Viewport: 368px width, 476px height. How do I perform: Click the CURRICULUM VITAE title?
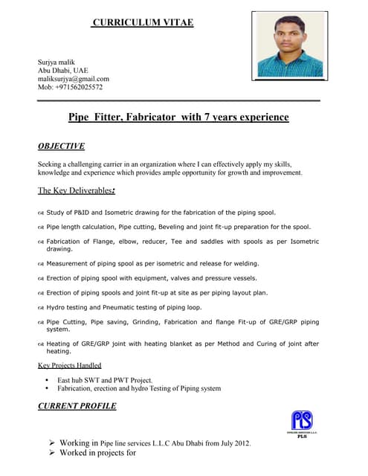click(143, 22)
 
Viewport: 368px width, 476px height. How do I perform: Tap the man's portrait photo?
click(291, 45)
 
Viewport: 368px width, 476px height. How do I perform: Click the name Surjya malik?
click(56, 62)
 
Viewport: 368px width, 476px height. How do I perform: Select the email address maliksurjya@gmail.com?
click(74, 78)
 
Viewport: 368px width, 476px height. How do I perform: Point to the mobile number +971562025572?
click(71, 87)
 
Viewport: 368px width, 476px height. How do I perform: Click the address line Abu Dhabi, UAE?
click(63, 70)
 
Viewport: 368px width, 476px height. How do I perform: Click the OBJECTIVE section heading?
click(61, 146)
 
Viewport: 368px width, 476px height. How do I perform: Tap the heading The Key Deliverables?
click(76, 190)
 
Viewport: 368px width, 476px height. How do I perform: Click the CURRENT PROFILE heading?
click(77, 406)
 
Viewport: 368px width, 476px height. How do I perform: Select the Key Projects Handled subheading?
click(69, 365)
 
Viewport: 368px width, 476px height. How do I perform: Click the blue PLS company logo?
click(302, 422)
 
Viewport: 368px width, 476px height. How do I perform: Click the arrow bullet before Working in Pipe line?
click(52, 443)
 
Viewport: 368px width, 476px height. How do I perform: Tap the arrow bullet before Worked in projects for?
click(52, 452)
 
